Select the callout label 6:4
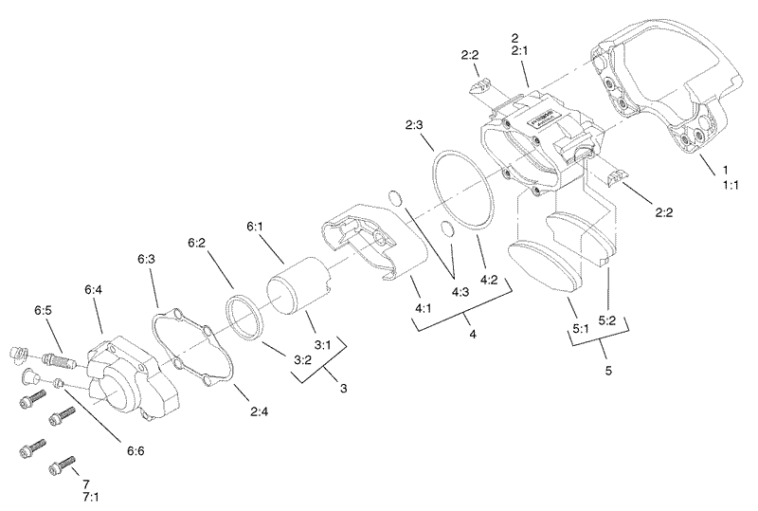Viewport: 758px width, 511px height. (93, 290)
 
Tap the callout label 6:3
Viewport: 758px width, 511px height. (147, 258)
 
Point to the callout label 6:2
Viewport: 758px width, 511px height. (198, 243)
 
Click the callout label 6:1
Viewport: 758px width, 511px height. (256, 227)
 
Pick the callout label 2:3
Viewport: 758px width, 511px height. (415, 124)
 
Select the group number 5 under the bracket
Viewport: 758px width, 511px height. (606, 372)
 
